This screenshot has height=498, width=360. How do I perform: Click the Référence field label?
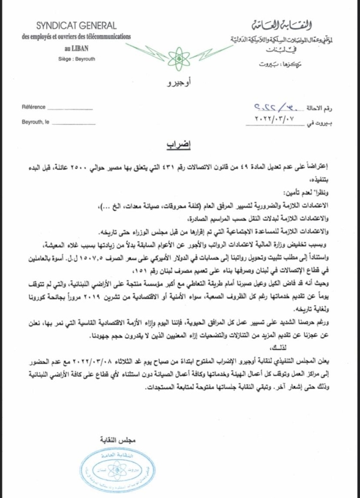click(34, 107)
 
